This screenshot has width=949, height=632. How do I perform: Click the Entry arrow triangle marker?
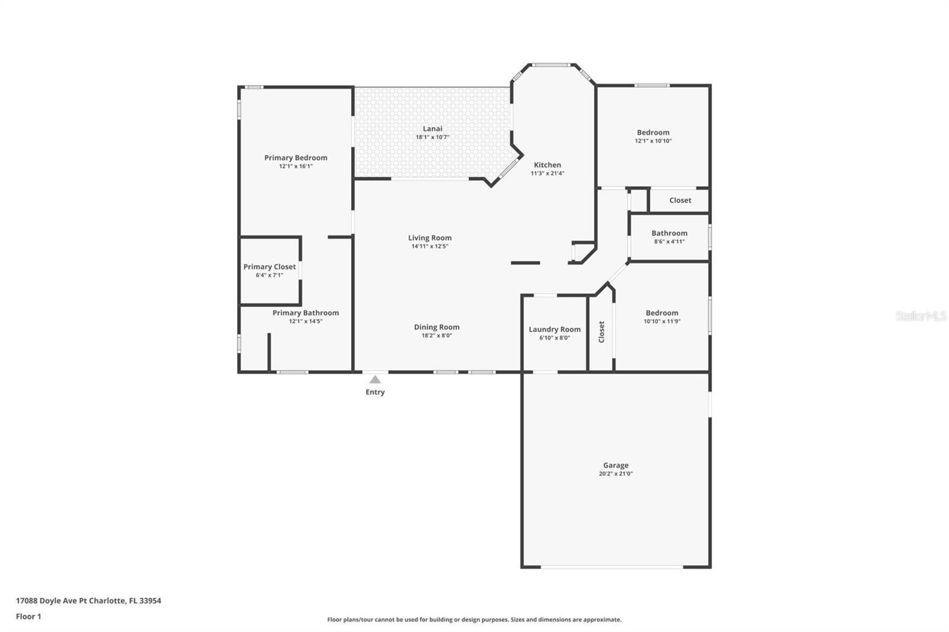tap(375, 379)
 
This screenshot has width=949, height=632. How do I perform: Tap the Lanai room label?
tap(432, 128)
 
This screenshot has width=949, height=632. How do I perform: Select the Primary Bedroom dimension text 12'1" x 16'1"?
tap(296, 167)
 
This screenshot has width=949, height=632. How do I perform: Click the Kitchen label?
tap(547, 165)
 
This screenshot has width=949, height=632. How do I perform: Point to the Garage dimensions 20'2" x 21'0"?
tap(616, 474)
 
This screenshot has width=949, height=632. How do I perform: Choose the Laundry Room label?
tap(555, 329)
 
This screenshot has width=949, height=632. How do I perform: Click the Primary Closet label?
tap(269, 267)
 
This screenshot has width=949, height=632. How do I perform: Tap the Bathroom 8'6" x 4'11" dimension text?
tap(670, 242)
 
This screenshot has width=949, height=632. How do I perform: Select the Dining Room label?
tap(437, 327)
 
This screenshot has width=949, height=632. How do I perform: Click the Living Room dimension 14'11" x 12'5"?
tap(429, 246)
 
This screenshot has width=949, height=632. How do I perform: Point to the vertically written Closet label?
tap(601, 331)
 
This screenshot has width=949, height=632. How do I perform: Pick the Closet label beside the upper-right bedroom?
tap(680, 200)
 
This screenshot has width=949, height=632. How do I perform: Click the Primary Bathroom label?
tap(305, 312)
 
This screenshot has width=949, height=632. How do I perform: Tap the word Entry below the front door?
tap(375, 392)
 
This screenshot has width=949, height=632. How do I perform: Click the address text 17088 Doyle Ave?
tap(47, 601)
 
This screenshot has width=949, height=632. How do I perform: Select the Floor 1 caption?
tap(28, 617)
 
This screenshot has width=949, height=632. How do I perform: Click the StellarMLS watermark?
tap(921, 316)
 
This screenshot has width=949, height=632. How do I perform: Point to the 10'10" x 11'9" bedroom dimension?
tap(662, 321)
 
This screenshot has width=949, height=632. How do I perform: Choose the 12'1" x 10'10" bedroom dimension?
tap(653, 141)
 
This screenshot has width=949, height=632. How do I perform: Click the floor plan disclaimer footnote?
tap(474, 620)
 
